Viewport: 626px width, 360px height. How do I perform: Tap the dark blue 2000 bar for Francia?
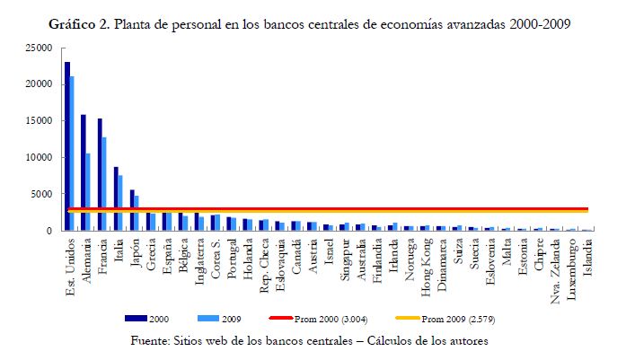click(100, 174)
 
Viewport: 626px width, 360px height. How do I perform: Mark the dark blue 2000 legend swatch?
click(137, 319)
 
